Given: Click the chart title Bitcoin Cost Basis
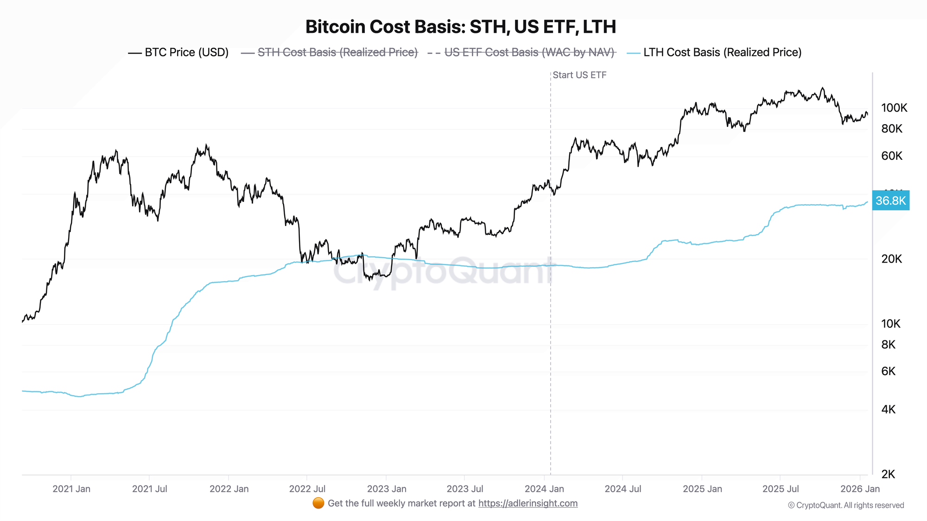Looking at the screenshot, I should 460,27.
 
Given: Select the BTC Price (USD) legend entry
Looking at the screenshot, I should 178,52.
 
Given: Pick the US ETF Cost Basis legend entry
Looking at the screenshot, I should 521,52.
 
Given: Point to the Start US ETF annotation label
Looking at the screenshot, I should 579,75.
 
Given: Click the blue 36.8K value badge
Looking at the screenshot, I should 890,201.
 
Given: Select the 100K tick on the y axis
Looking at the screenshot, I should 894,108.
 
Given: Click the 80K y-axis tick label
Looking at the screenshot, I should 892,129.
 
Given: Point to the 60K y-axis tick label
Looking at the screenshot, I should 892,156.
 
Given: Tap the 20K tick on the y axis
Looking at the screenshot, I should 892,259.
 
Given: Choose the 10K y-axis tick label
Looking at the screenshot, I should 891,324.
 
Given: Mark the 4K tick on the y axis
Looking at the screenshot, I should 889,409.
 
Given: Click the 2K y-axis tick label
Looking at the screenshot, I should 889,474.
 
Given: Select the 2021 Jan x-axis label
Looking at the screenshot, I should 71,489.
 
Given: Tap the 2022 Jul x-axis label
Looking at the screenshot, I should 306,489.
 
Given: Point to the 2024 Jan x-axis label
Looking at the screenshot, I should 544,489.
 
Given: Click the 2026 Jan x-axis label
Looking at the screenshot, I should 860,489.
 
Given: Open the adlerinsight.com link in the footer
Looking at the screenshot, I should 528,503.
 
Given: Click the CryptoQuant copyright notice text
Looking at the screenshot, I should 846,505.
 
